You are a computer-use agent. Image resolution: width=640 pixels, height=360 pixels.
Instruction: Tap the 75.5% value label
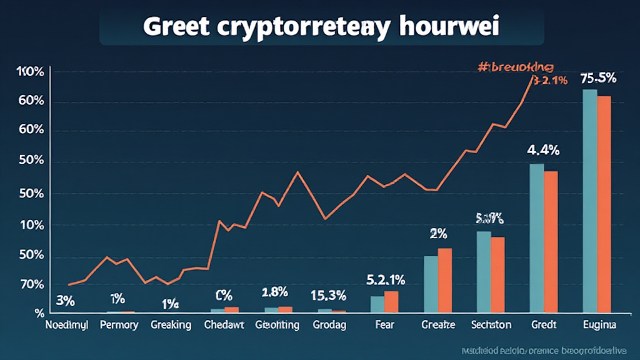pos(598,79)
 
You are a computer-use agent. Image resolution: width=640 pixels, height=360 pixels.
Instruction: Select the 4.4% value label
pos(542,150)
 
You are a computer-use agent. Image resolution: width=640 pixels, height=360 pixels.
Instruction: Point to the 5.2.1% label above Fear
pos(385,279)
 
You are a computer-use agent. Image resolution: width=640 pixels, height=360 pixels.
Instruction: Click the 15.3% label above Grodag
pos(329,294)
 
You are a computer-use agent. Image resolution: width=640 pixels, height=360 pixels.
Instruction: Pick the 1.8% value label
pos(274,292)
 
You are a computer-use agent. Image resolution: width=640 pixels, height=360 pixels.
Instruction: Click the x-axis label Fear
pos(384,325)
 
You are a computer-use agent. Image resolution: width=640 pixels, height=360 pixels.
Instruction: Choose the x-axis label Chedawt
pos(224,325)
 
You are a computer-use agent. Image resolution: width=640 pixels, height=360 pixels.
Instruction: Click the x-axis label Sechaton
pos(491,325)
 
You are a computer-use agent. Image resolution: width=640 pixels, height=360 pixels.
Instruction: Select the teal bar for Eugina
pos(589,200)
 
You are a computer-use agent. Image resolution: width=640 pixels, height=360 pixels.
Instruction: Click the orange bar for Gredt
pos(551,241)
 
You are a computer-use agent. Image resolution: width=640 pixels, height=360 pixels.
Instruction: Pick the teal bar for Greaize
pos(431,284)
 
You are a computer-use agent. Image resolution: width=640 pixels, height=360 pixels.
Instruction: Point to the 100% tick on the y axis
pos(31,72)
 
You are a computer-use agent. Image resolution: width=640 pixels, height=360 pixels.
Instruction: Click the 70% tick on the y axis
pos(31,285)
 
